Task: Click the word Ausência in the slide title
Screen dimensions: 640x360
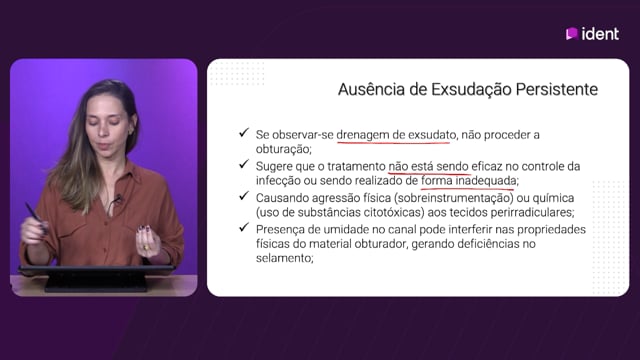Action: (371, 89)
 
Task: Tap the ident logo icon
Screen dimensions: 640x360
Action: (571, 33)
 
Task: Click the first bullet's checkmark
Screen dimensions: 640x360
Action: (244, 133)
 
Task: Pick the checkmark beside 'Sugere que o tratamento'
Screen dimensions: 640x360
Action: (244, 164)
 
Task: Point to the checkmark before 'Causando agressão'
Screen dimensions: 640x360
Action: (244, 196)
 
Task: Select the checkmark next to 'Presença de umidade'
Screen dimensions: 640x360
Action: (244, 227)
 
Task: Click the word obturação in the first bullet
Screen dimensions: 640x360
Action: (282, 149)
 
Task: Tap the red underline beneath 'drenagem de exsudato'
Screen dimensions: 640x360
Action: (394, 142)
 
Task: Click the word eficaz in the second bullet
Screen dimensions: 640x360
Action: (487, 167)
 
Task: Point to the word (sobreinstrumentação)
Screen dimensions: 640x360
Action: (453, 198)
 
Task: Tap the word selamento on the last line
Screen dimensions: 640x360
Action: (283, 258)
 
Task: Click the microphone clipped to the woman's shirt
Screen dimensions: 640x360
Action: (118, 200)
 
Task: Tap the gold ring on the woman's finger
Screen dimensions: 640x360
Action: (146, 247)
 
